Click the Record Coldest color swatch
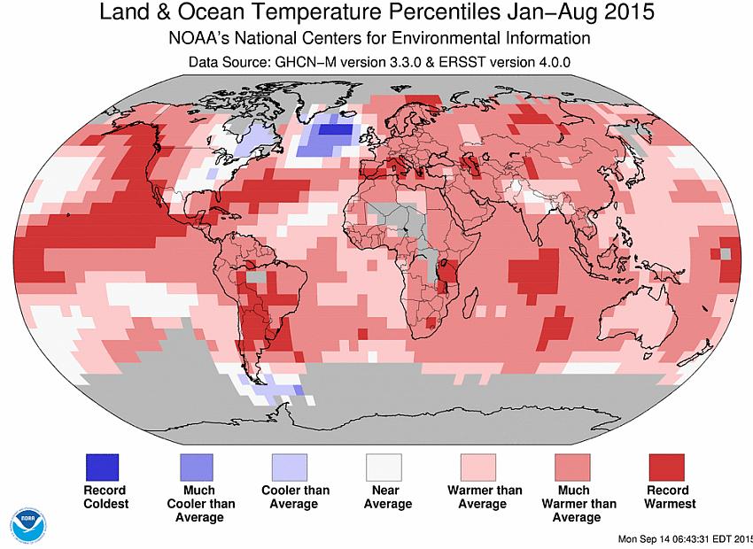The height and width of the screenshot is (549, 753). point(102,467)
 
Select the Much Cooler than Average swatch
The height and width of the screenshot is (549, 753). point(199,467)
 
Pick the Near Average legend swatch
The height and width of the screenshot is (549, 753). point(384,467)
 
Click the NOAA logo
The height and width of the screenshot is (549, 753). point(29,524)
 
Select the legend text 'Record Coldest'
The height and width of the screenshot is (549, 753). point(105,497)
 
